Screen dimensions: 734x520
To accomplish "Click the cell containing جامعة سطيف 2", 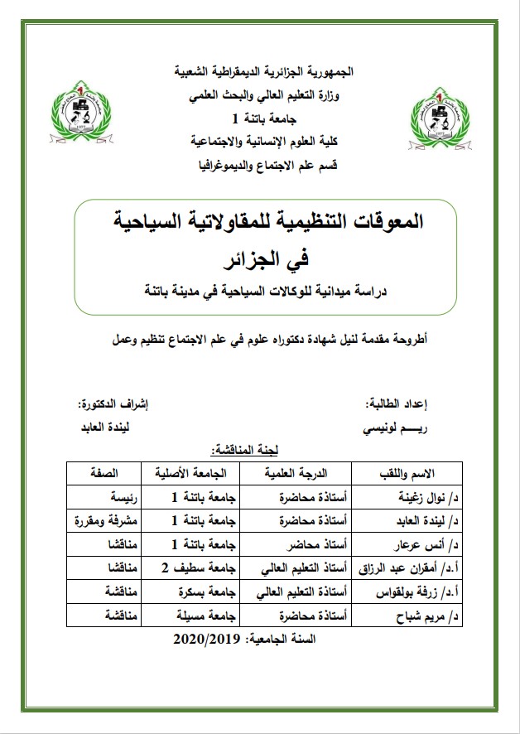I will pos(195,568).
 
